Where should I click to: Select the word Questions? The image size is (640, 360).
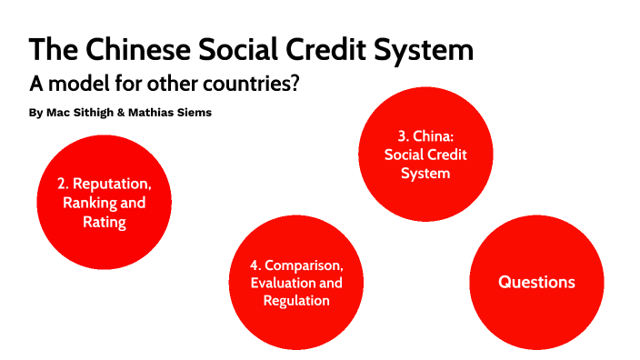coord(536,282)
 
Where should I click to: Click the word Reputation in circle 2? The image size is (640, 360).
coord(113,185)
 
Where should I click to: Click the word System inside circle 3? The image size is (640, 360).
coord(425,172)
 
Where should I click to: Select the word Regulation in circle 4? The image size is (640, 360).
coord(296,301)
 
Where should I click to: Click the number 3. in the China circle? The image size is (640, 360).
coord(405,135)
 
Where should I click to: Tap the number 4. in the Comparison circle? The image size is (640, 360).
coord(256,265)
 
